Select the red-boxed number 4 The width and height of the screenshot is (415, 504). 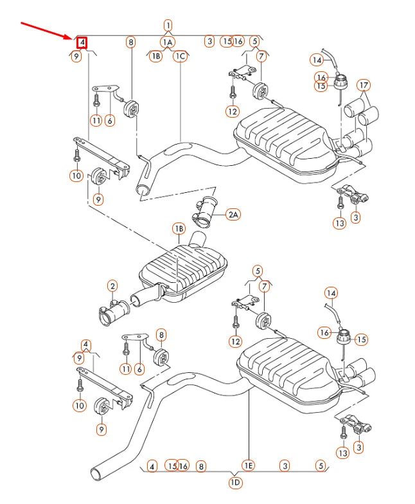(82, 43)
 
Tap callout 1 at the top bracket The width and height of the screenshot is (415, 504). (168, 26)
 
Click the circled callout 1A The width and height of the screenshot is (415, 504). (168, 42)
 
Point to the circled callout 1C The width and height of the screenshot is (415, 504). (180, 56)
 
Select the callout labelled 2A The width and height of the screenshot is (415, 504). (233, 215)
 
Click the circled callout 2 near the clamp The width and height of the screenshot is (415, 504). (112, 286)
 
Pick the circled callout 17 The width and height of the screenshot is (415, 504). (364, 85)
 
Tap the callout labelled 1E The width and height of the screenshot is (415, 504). (248, 465)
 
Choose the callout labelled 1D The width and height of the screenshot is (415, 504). (235, 483)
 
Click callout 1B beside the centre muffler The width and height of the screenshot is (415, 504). (178, 229)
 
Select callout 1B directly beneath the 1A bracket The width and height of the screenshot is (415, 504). (155, 56)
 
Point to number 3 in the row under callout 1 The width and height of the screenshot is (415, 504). (209, 41)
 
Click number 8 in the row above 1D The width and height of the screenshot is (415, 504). (201, 465)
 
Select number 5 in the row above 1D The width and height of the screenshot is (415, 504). (320, 465)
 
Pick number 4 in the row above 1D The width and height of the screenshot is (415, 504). (152, 465)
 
